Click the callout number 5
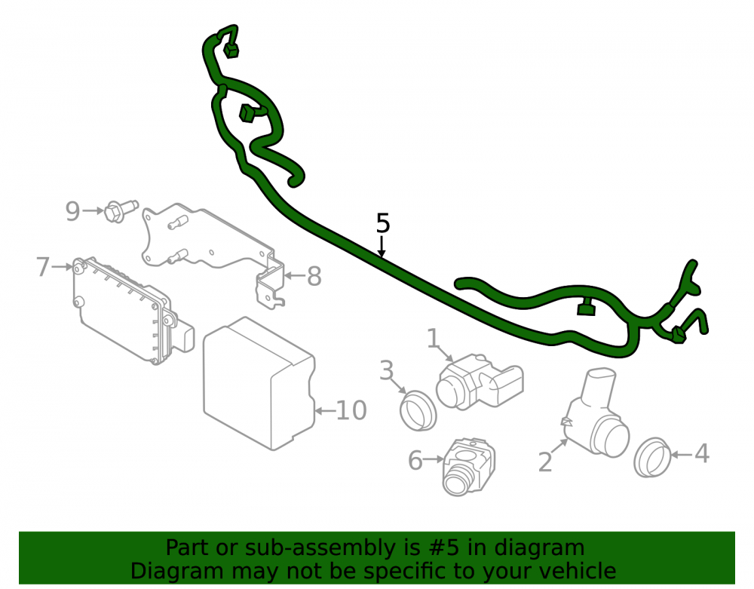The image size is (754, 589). (383, 223)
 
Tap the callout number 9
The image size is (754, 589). (72, 210)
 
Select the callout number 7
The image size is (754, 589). (43, 266)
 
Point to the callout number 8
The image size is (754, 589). (314, 276)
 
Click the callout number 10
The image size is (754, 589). (351, 410)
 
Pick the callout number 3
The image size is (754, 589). (387, 370)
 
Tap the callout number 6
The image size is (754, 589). (415, 460)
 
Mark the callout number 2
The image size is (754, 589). (545, 462)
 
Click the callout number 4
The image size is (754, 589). (702, 453)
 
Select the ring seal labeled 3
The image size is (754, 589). (418, 410)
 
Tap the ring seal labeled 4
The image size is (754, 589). (652, 457)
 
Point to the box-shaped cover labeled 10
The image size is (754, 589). (259, 383)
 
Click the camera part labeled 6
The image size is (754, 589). (468, 466)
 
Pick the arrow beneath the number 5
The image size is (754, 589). (382, 246)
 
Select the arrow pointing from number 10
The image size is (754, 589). (325, 410)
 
